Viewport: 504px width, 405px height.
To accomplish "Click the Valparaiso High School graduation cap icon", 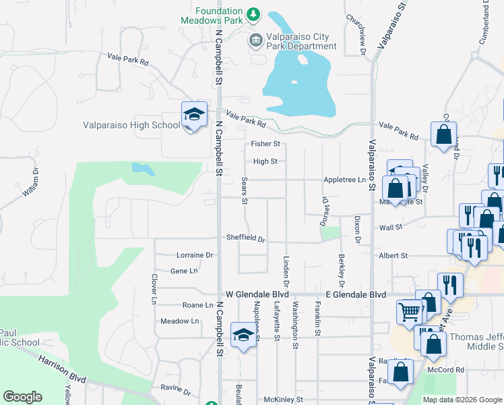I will [x=193, y=115].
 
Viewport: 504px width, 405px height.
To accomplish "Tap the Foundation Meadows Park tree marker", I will [x=253, y=13].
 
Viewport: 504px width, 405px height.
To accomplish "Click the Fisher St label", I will [x=265, y=144].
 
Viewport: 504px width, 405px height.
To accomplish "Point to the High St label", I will [x=265, y=161].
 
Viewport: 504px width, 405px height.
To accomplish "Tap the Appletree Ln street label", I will [x=344, y=180].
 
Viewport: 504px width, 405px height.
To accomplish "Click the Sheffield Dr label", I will [x=245, y=239].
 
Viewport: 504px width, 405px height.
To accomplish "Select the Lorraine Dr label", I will [x=194, y=255].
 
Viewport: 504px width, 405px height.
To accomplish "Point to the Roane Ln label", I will [x=188, y=305].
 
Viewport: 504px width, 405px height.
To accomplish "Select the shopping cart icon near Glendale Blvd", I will [x=410, y=311].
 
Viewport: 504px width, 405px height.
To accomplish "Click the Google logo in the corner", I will [x=22, y=397].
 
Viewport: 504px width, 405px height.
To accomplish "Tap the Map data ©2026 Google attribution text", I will [x=462, y=400].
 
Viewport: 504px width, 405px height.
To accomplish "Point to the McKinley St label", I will [x=283, y=400].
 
